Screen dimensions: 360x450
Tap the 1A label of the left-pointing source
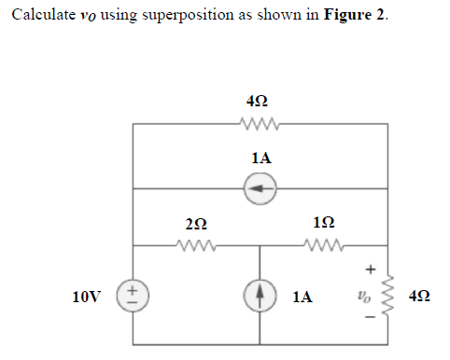260,159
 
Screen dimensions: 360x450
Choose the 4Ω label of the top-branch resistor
260,101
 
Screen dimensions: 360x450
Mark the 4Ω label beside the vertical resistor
420,298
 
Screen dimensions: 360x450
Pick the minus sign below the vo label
368,327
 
